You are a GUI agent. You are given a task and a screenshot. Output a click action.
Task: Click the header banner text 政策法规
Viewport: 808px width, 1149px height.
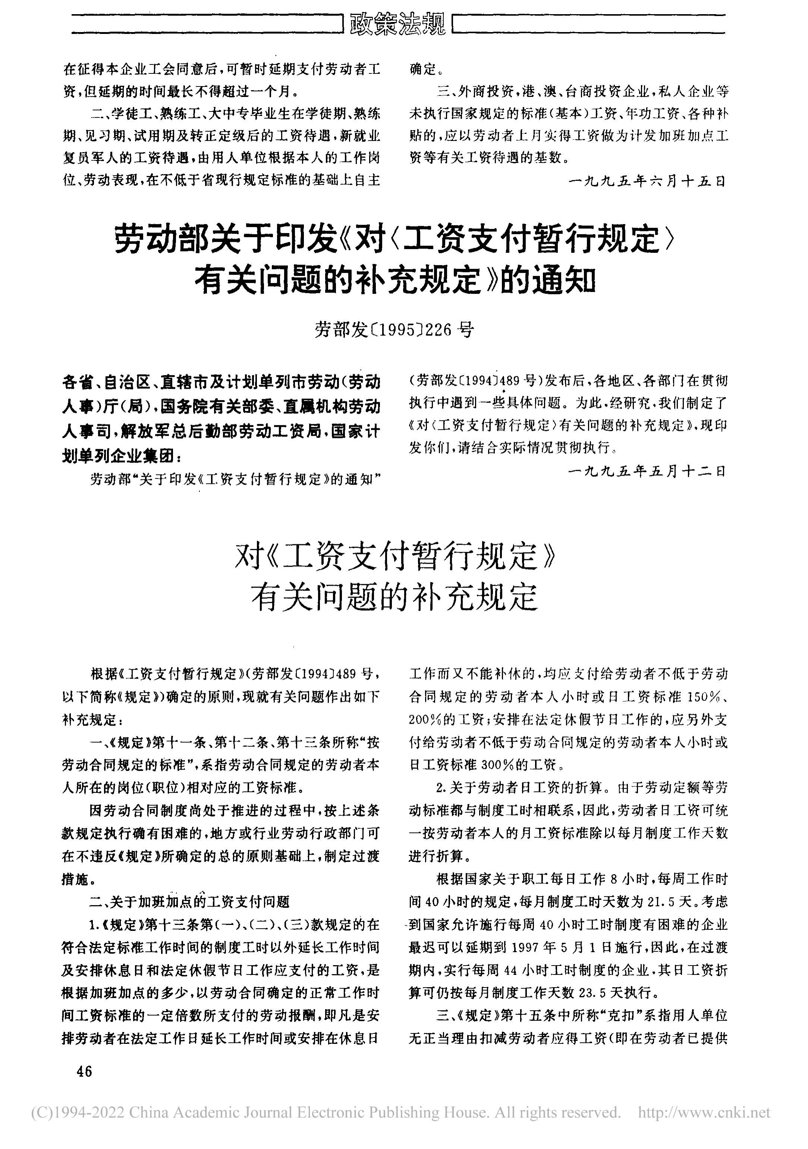[397, 23]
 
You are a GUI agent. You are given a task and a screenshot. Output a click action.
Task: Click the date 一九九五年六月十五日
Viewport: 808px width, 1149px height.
[647, 181]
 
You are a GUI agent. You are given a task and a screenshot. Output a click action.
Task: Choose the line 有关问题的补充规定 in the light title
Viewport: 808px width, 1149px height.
[394, 598]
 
